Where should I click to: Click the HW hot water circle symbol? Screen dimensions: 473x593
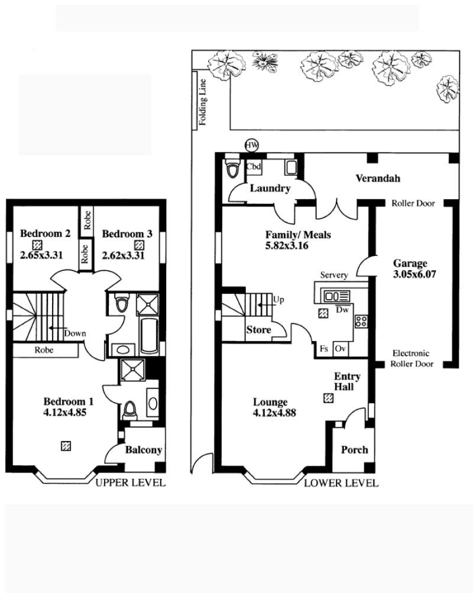(x=252, y=145)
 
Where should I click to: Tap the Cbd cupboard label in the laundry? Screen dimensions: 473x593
(x=253, y=166)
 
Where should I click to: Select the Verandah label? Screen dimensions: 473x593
(x=378, y=178)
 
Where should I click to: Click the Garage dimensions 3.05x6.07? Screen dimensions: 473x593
(x=414, y=274)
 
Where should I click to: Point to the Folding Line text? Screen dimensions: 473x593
(x=203, y=102)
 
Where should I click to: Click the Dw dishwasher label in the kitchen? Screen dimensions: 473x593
(x=342, y=310)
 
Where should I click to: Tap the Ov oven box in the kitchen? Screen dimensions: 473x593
(x=341, y=349)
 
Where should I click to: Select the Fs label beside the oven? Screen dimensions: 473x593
(x=323, y=349)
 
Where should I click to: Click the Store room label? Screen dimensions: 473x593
(x=258, y=330)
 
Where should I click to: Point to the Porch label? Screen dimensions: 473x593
(x=354, y=450)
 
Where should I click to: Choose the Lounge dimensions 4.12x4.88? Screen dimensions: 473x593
(x=274, y=413)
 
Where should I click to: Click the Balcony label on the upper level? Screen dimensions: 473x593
(x=144, y=450)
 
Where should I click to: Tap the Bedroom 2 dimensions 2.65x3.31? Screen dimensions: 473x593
(x=41, y=255)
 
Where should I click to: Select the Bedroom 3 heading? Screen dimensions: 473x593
(x=127, y=234)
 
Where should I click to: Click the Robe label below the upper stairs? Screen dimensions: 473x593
(x=44, y=350)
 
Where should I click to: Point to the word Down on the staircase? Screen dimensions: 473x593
(x=75, y=333)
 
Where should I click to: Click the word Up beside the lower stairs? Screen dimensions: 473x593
(x=278, y=300)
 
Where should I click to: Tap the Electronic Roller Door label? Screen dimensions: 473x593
(x=412, y=358)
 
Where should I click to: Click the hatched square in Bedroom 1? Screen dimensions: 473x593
(x=66, y=446)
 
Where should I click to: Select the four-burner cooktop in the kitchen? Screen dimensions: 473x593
(x=361, y=322)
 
